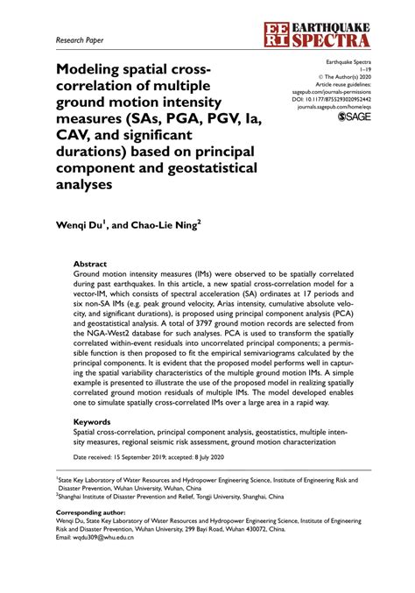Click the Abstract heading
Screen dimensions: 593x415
coord(90,263)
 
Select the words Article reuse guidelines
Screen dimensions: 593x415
coord(344,84)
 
